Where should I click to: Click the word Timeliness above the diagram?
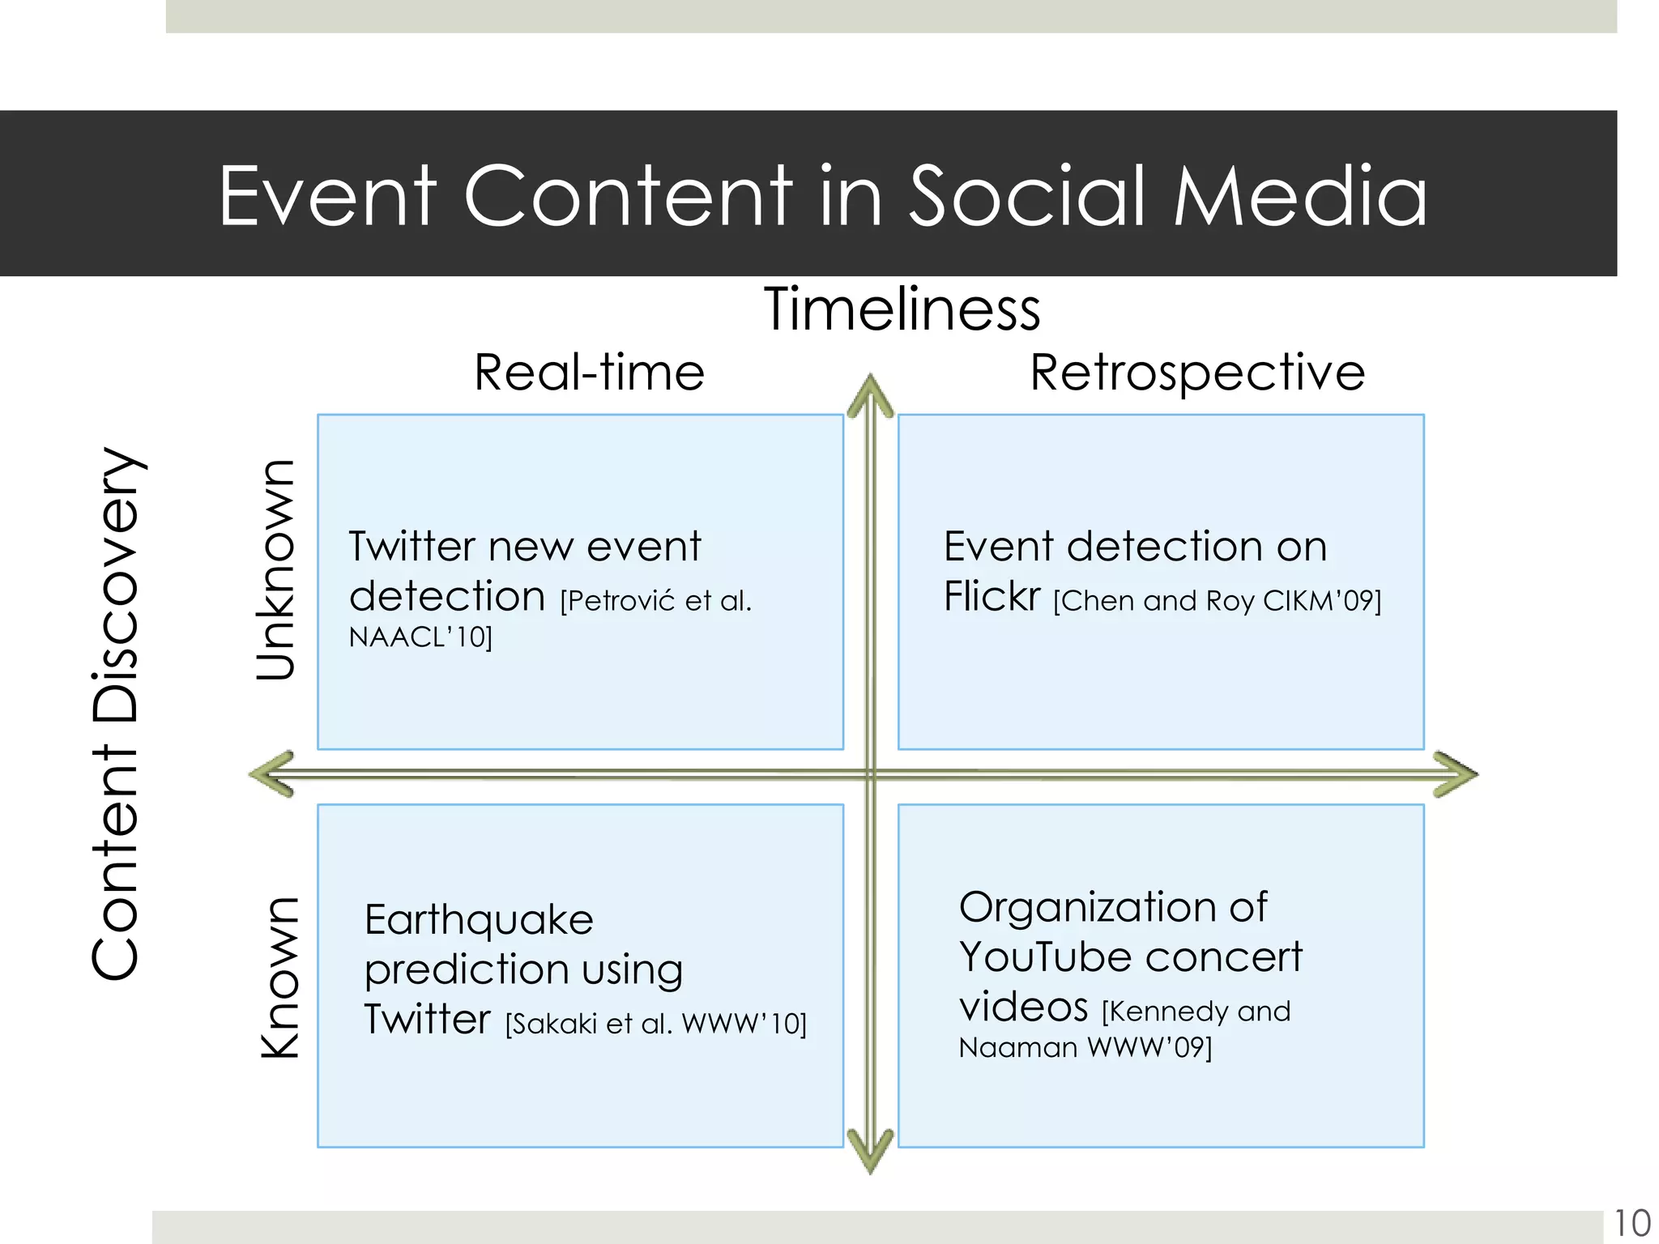902,310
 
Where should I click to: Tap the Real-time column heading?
589,373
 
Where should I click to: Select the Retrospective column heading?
1197,373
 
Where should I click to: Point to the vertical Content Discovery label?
116,713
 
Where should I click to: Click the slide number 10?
1631,1223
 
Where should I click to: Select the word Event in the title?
327,196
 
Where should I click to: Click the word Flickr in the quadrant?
992,598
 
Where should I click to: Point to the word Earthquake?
479,921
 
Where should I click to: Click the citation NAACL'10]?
420,638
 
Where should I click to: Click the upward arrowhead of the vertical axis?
870,394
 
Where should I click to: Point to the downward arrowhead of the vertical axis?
870,1152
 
